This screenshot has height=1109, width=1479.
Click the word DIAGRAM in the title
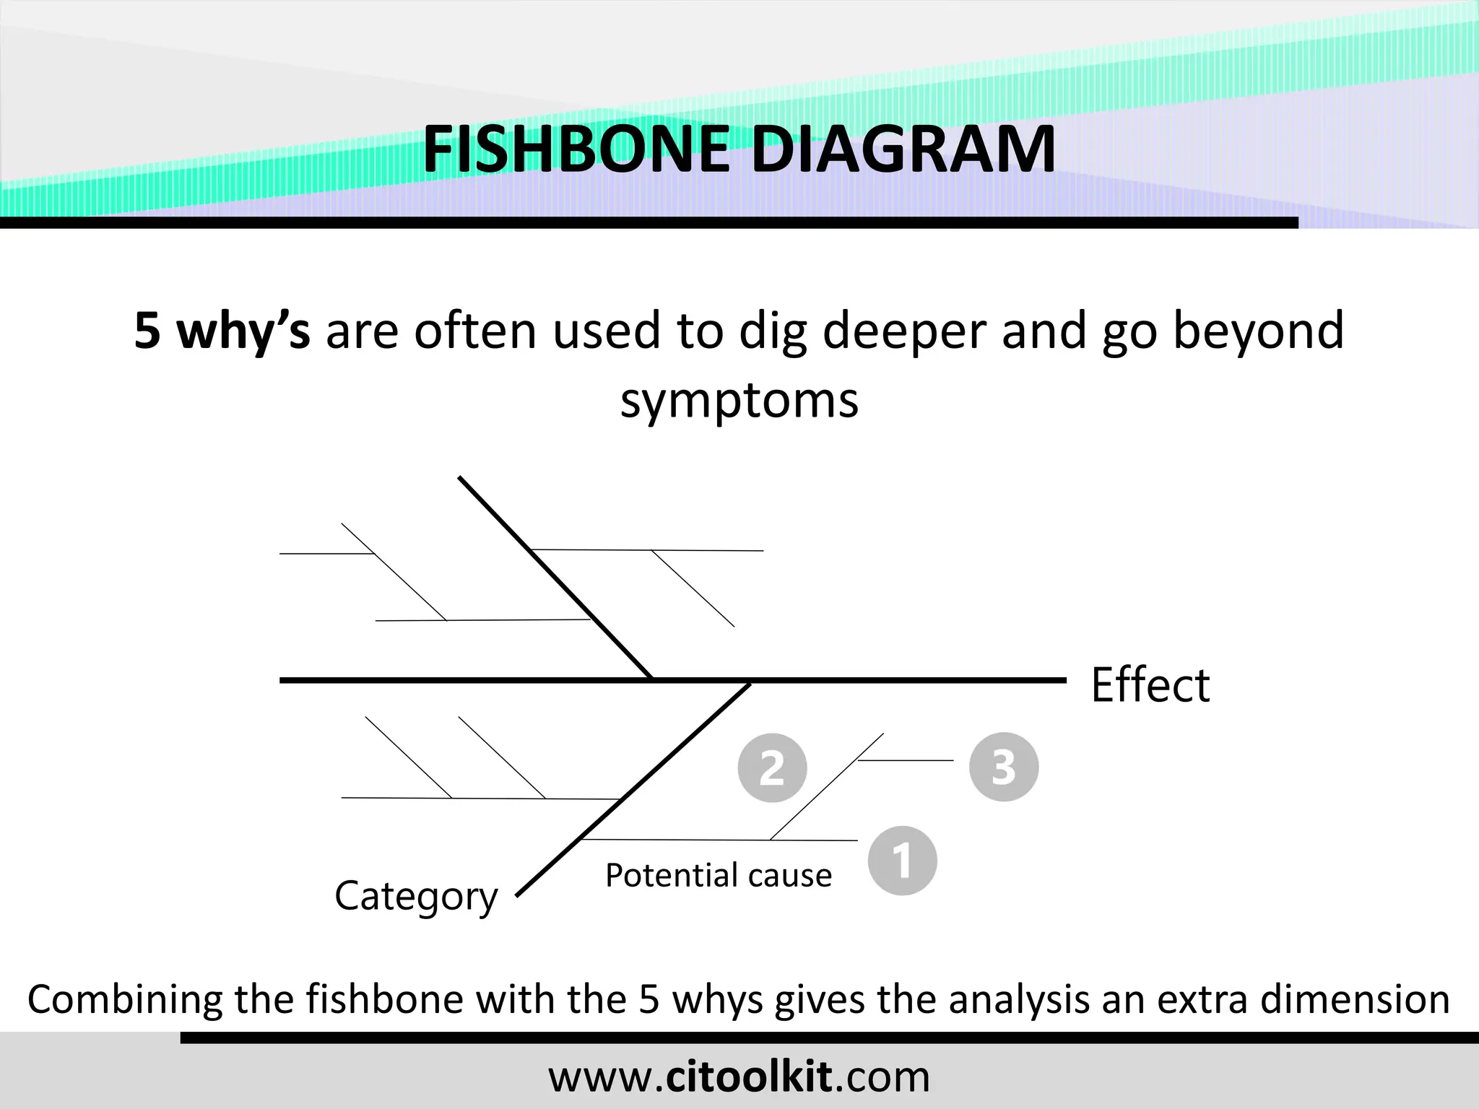pos(903,149)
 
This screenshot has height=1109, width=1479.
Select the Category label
pos(416,897)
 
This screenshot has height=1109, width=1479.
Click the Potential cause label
pos(719,875)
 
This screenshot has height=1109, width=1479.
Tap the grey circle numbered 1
pos(902,861)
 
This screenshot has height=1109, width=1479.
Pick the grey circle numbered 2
pos(772,767)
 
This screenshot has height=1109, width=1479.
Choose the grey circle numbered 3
pos(1003,767)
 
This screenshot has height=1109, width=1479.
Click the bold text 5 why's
pos(222,331)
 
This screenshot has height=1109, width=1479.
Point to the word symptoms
pos(739,400)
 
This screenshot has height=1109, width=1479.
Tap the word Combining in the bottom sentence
pos(124,1000)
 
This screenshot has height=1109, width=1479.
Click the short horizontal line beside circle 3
pos(906,760)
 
